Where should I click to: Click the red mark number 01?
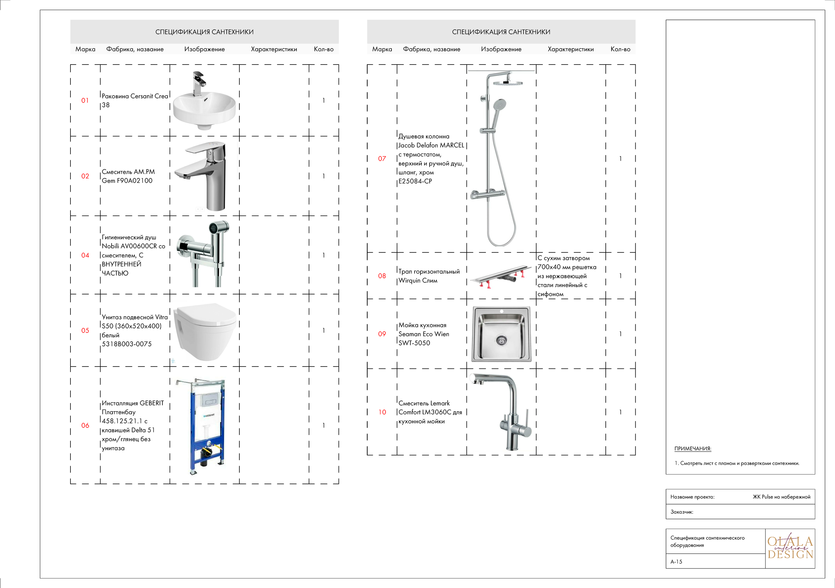pos(85,100)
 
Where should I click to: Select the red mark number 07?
pos(382,158)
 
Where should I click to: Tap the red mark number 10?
pos(382,412)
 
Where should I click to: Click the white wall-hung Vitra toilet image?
pos(205,331)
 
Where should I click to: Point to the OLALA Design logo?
pos(790,548)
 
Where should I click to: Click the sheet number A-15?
pos(676,562)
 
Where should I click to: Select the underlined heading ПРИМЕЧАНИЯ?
pos(692,448)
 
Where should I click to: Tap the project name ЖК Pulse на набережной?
pos(781,497)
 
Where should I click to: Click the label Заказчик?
pos(681,512)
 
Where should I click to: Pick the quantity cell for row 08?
pos(620,276)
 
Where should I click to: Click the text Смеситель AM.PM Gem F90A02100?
pos(128,176)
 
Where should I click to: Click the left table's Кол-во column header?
pos(323,49)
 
